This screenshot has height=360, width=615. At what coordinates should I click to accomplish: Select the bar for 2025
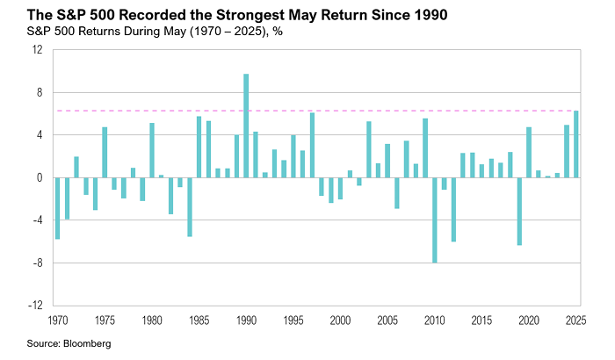point(575,144)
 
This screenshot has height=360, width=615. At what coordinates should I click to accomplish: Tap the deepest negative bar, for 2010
point(434,220)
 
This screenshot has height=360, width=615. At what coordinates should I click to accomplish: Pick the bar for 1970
point(57,208)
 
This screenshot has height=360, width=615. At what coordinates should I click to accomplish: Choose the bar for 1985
point(199,147)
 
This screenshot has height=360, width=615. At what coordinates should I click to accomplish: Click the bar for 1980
point(152,150)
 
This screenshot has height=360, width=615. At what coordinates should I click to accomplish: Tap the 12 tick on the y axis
point(38,50)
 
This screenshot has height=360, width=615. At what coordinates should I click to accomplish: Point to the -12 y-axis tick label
point(36,306)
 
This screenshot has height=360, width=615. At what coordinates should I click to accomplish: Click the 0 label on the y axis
point(40,177)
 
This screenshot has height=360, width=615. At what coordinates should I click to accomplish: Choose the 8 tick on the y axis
point(40,92)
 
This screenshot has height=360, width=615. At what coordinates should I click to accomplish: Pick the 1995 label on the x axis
point(293,320)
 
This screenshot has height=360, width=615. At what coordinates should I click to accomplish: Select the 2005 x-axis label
point(387,320)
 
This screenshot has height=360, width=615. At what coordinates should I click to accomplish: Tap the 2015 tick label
point(481,320)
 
